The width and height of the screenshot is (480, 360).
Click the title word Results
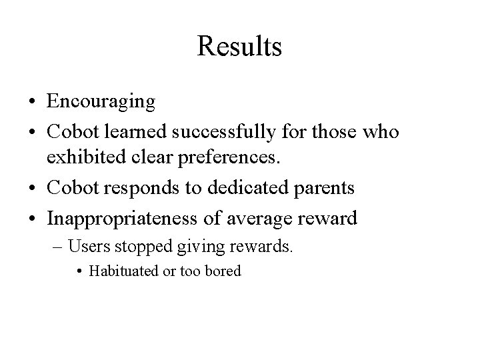pos(239,47)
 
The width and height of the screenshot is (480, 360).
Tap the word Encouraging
pos(101,102)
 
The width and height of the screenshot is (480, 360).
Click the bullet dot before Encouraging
pos(32,103)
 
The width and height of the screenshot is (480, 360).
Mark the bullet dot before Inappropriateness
pos(32,218)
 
